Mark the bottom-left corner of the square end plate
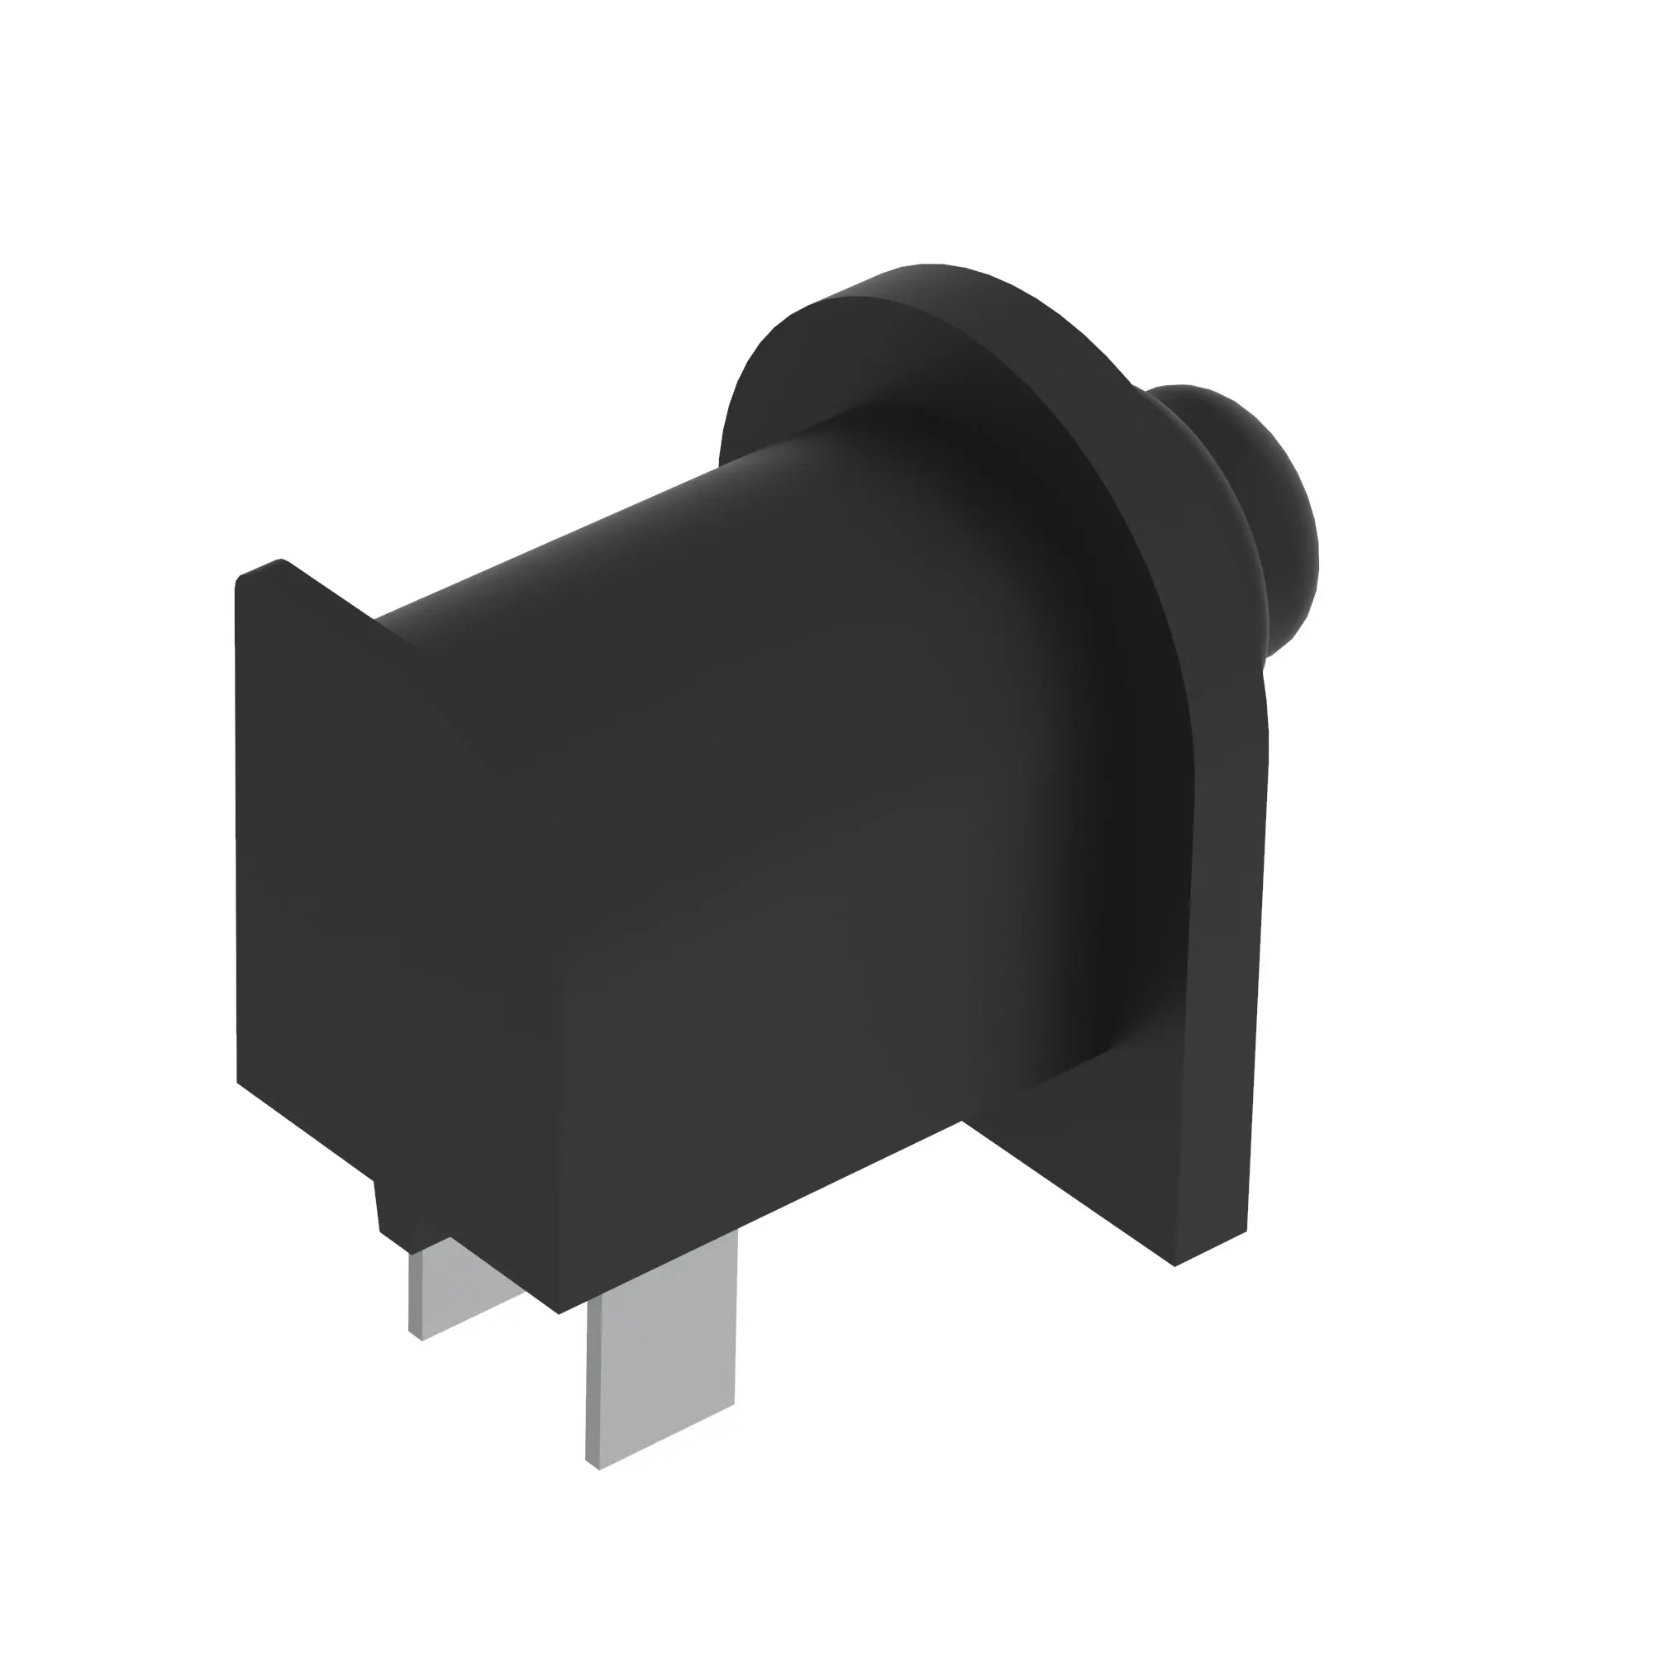click(239, 1083)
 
